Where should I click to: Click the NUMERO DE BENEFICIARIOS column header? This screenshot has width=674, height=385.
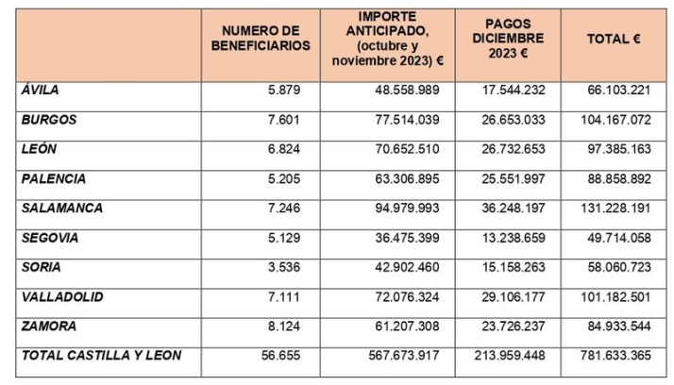pos(260,39)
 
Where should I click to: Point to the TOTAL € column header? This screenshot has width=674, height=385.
pos(614,39)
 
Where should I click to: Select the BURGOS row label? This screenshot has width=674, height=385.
pos(48,120)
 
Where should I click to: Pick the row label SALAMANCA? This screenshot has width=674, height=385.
pos(61,208)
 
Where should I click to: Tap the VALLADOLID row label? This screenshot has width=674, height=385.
pos(62,296)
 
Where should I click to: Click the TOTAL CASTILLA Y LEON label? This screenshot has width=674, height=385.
pos(101,355)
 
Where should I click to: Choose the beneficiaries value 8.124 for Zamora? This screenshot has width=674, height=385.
pos(288,326)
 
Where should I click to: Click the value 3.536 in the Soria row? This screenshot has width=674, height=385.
pos(288,267)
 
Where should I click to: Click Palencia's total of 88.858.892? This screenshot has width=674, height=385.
pos(617,179)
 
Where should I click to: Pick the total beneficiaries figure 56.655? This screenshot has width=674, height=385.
pos(286,356)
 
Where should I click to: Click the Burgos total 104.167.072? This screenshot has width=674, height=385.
pos(615,120)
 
